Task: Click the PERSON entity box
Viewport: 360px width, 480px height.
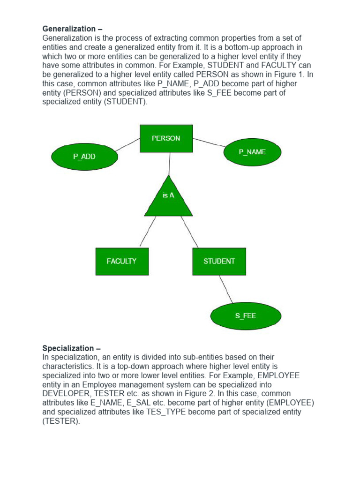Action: tap(166, 138)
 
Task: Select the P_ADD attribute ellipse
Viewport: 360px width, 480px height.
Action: tap(84, 157)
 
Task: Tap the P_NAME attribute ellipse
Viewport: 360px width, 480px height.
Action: tap(252, 152)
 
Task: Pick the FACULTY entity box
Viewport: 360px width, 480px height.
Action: tap(121, 261)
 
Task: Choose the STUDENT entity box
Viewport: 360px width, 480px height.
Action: tap(219, 261)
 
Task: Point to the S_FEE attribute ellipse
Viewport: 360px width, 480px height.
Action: tap(246, 316)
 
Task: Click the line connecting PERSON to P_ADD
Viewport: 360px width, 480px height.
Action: tap(127, 145)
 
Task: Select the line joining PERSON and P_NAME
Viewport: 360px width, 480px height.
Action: tap(209, 142)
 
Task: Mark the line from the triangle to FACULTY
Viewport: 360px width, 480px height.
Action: tap(148, 232)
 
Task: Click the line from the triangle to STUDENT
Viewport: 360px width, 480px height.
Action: tap(189, 232)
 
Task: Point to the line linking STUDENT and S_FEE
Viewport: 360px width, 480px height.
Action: tap(226, 289)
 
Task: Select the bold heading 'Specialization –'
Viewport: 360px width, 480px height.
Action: tap(71, 348)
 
